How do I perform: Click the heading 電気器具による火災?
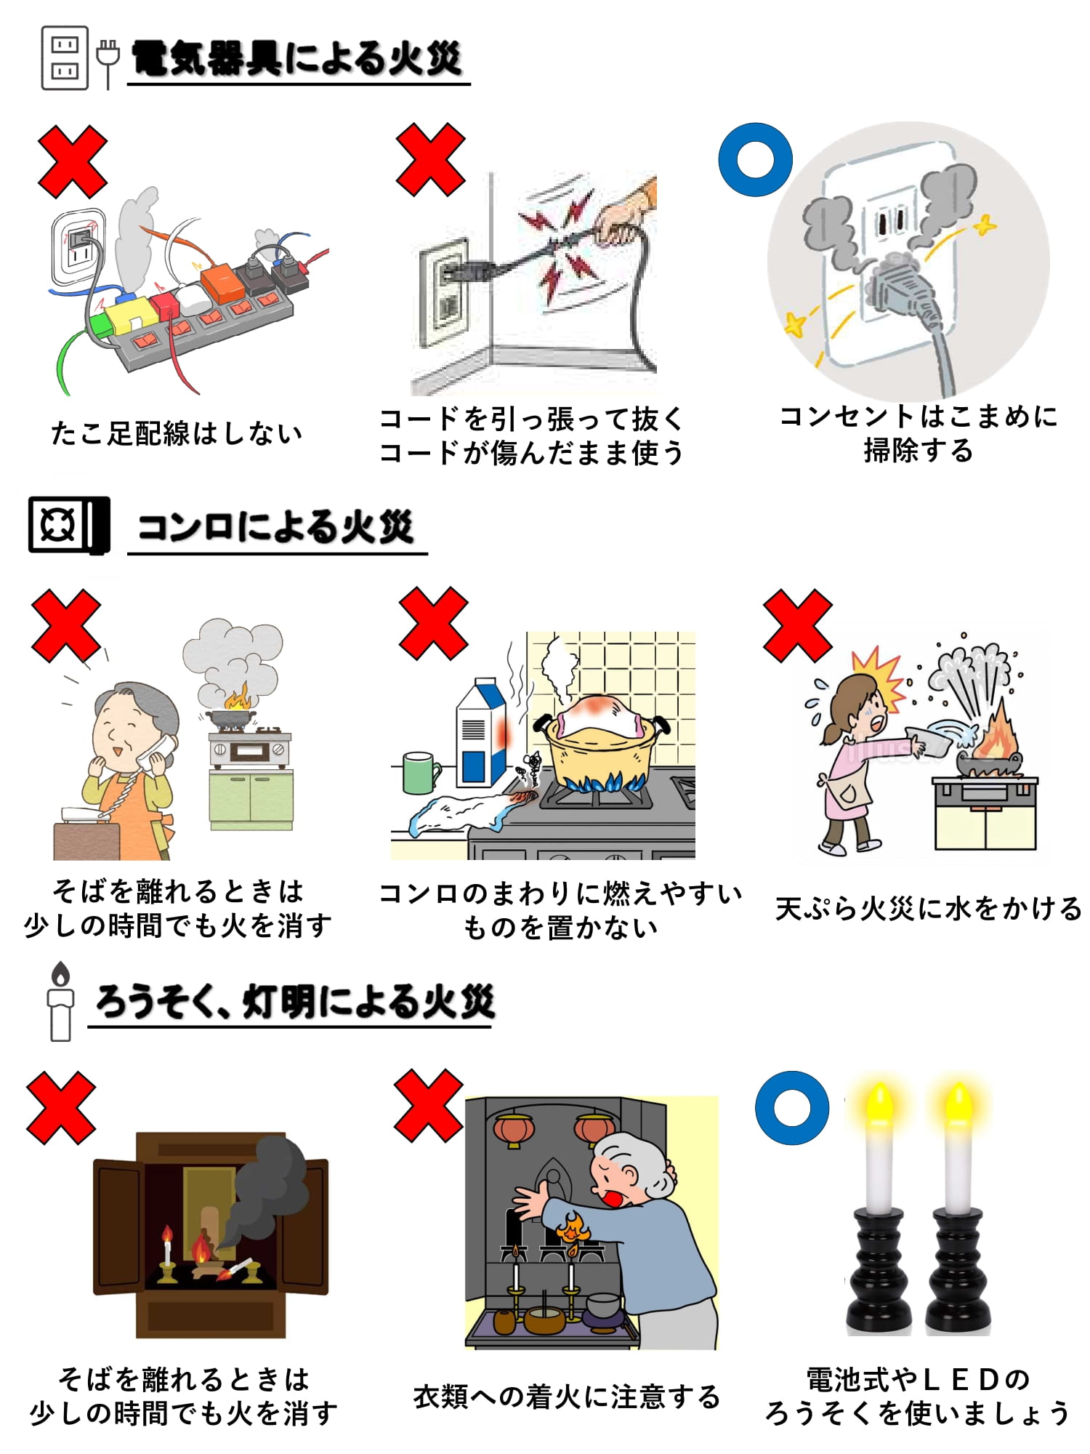click(x=297, y=58)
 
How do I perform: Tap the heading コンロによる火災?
click(x=275, y=526)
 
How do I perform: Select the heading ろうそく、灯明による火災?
click(x=295, y=1001)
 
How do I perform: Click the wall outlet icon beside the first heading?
click(x=65, y=57)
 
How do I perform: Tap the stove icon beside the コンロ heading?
click(x=69, y=524)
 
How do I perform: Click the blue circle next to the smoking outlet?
click(x=755, y=159)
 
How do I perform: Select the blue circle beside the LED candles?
click(x=792, y=1107)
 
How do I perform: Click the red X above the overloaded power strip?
click(x=73, y=161)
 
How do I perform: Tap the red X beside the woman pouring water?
click(x=798, y=625)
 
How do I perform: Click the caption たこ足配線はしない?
click(x=177, y=433)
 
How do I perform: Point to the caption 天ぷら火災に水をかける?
click(x=929, y=909)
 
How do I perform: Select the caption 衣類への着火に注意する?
click(x=567, y=1397)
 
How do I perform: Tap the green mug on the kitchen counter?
click(x=421, y=773)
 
